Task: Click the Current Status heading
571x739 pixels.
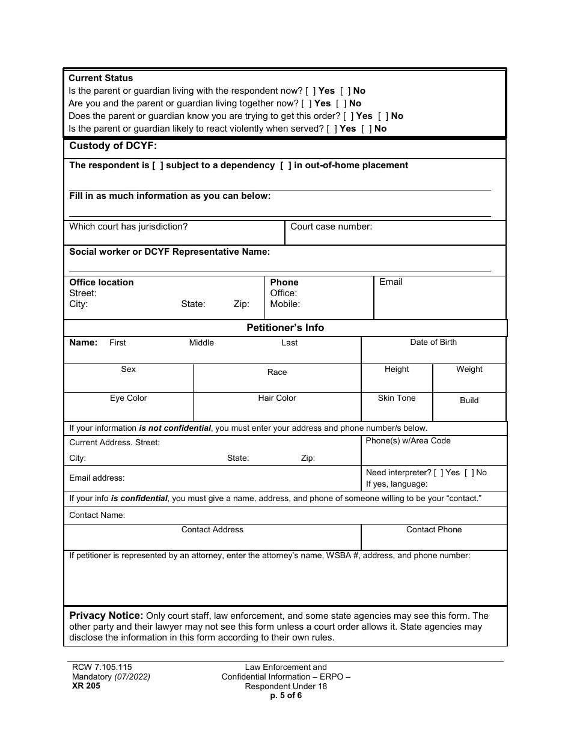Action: pos(100,78)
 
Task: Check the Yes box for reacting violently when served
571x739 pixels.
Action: pos(332,129)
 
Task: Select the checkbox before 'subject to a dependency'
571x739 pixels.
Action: pos(157,165)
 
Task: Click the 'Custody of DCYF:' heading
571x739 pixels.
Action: pos(113,146)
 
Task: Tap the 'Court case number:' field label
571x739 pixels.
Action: pos(331,227)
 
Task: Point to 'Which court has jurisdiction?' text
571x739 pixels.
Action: pos(129,227)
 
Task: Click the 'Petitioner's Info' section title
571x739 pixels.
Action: pos(285,328)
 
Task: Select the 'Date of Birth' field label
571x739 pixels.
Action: pos(433,342)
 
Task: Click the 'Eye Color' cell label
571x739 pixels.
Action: pos(128,398)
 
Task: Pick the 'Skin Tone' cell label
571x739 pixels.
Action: pos(397,398)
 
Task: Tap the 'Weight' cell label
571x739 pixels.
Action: pos(469,369)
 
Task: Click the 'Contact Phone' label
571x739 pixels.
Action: pos(433,530)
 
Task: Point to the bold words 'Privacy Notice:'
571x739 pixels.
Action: pos(106,616)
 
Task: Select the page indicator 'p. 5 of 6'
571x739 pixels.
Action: pos(285,696)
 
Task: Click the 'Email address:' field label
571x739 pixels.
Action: pos(97,478)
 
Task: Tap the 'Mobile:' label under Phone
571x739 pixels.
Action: pos(285,304)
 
